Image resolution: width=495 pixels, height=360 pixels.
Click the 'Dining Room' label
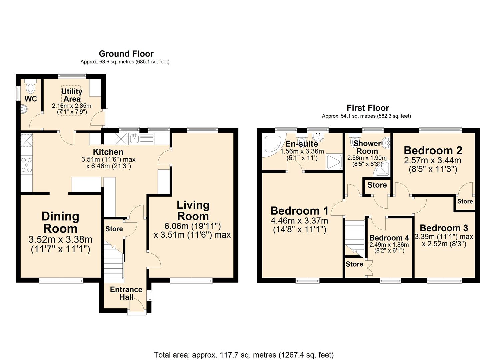pos(60,223)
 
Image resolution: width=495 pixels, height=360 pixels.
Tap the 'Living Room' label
pos(193,211)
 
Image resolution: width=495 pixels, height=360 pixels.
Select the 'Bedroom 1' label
pos(299,211)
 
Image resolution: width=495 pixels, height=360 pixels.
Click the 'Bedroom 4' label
pos(389,238)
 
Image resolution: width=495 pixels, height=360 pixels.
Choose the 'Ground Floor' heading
pos(126,54)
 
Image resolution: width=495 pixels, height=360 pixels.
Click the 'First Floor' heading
pos(368,108)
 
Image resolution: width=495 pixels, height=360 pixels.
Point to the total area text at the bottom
pos(244,355)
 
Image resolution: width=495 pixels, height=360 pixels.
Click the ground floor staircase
pos(113,260)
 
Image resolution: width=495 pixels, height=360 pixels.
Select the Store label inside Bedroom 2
pos(465,201)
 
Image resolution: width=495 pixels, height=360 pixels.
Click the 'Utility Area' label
pos(72,95)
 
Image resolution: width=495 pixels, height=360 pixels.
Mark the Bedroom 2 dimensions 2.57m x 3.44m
pos(432,160)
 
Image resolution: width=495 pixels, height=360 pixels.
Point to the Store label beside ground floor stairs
pos(114,229)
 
